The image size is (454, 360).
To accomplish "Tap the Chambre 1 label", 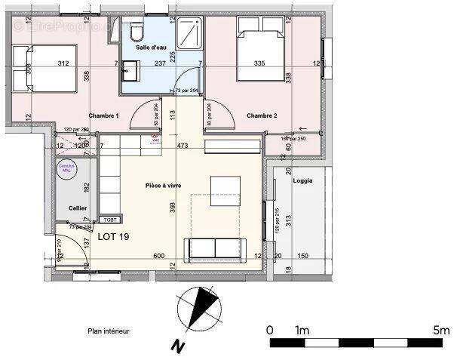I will (103, 115).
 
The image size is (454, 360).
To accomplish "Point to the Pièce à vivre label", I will (167, 186).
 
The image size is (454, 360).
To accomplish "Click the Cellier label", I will (78, 208).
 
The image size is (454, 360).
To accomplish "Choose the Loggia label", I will (303, 181).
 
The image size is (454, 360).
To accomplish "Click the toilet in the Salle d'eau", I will (136, 31).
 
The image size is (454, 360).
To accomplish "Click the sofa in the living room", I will (216, 249).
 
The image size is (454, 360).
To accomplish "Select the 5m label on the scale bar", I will (441, 330).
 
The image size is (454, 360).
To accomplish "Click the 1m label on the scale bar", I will (302, 330).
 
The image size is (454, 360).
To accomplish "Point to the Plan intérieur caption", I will (109, 331).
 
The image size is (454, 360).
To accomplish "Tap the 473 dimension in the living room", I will (181, 145).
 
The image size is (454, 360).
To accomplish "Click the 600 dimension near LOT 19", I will (159, 256).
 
